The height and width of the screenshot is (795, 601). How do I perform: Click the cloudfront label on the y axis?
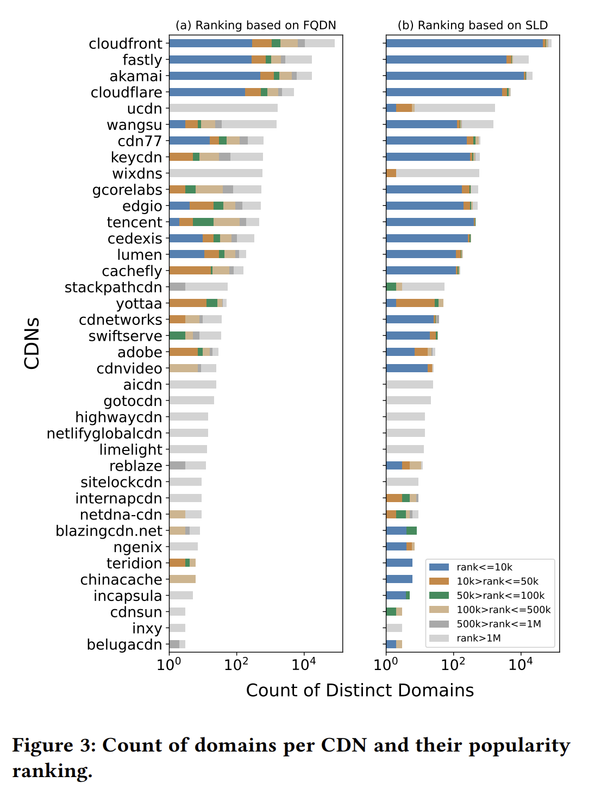pos(126,43)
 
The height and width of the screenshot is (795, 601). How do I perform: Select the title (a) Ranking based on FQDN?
pos(255,26)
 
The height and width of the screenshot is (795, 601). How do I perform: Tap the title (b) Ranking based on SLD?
pos(473,26)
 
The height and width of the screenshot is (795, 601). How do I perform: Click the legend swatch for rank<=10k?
pos(439,567)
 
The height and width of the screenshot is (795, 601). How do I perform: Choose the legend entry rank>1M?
pos(478,638)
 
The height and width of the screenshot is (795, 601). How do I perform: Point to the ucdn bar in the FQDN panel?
pos(223,108)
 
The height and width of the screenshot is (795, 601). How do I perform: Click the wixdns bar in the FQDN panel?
pos(216,173)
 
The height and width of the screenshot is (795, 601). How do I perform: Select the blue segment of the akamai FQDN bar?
pos(215,76)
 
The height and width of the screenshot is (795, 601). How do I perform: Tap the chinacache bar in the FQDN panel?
pos(183,579)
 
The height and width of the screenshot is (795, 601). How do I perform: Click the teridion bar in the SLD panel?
pos(399,563)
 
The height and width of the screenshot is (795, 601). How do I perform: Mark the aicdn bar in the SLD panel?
pos(410,385)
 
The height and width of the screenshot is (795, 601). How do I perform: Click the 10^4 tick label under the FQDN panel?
pos(304,665)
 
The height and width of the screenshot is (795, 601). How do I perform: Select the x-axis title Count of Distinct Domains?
pos(360,690)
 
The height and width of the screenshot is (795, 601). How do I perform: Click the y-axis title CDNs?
pos(32,343)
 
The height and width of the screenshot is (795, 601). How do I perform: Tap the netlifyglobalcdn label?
pos(104,434)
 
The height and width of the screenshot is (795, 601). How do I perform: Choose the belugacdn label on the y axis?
pos(124,644)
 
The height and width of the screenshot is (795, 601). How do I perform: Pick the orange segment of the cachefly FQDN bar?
pos(190,271)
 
